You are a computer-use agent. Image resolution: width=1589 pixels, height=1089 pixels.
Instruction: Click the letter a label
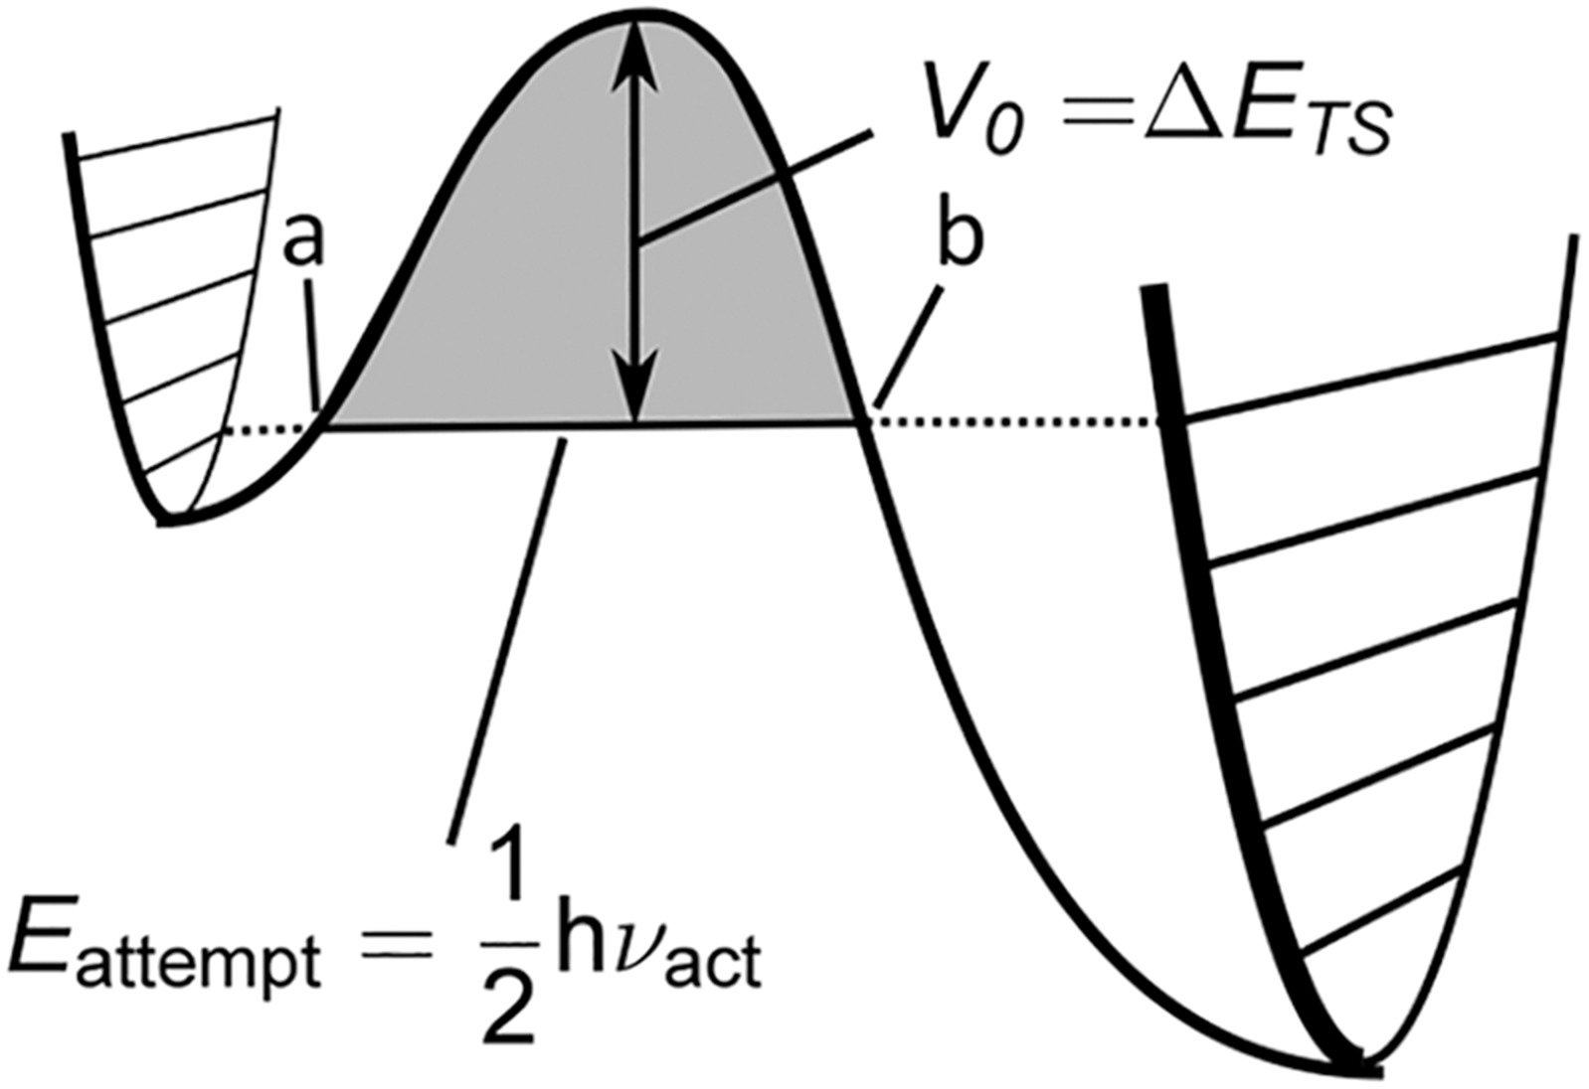(x=303, y=241)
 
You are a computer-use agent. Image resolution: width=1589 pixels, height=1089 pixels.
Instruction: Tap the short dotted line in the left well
(x=266, y=428)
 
